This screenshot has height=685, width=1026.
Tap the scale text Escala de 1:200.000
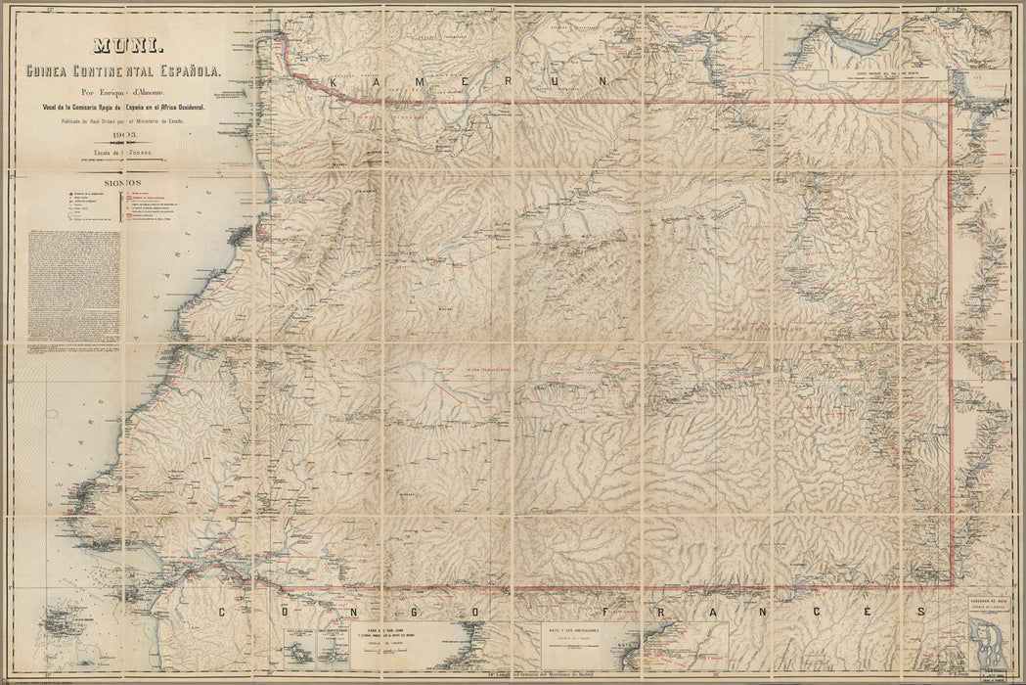coord(127,154)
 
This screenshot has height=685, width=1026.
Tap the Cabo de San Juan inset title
coord(389,633)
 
